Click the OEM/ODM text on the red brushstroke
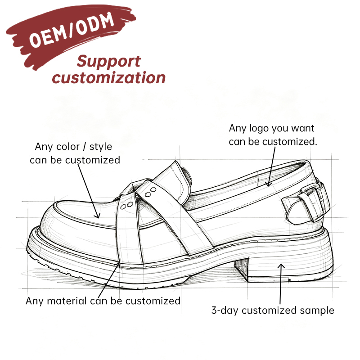click(72, 29)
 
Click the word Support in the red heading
click(108, 62)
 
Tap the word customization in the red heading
click(108, 77)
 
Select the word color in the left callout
click(68, 147)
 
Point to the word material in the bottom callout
click(67, 301)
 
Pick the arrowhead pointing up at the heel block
click(281, 266)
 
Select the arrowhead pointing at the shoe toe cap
click(98, 216)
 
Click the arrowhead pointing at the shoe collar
click(268, 184)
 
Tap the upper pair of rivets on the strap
click(151, 193)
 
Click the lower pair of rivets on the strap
click(126, 206)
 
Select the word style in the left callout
click(100, 147)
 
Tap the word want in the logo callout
click(302, 129)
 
